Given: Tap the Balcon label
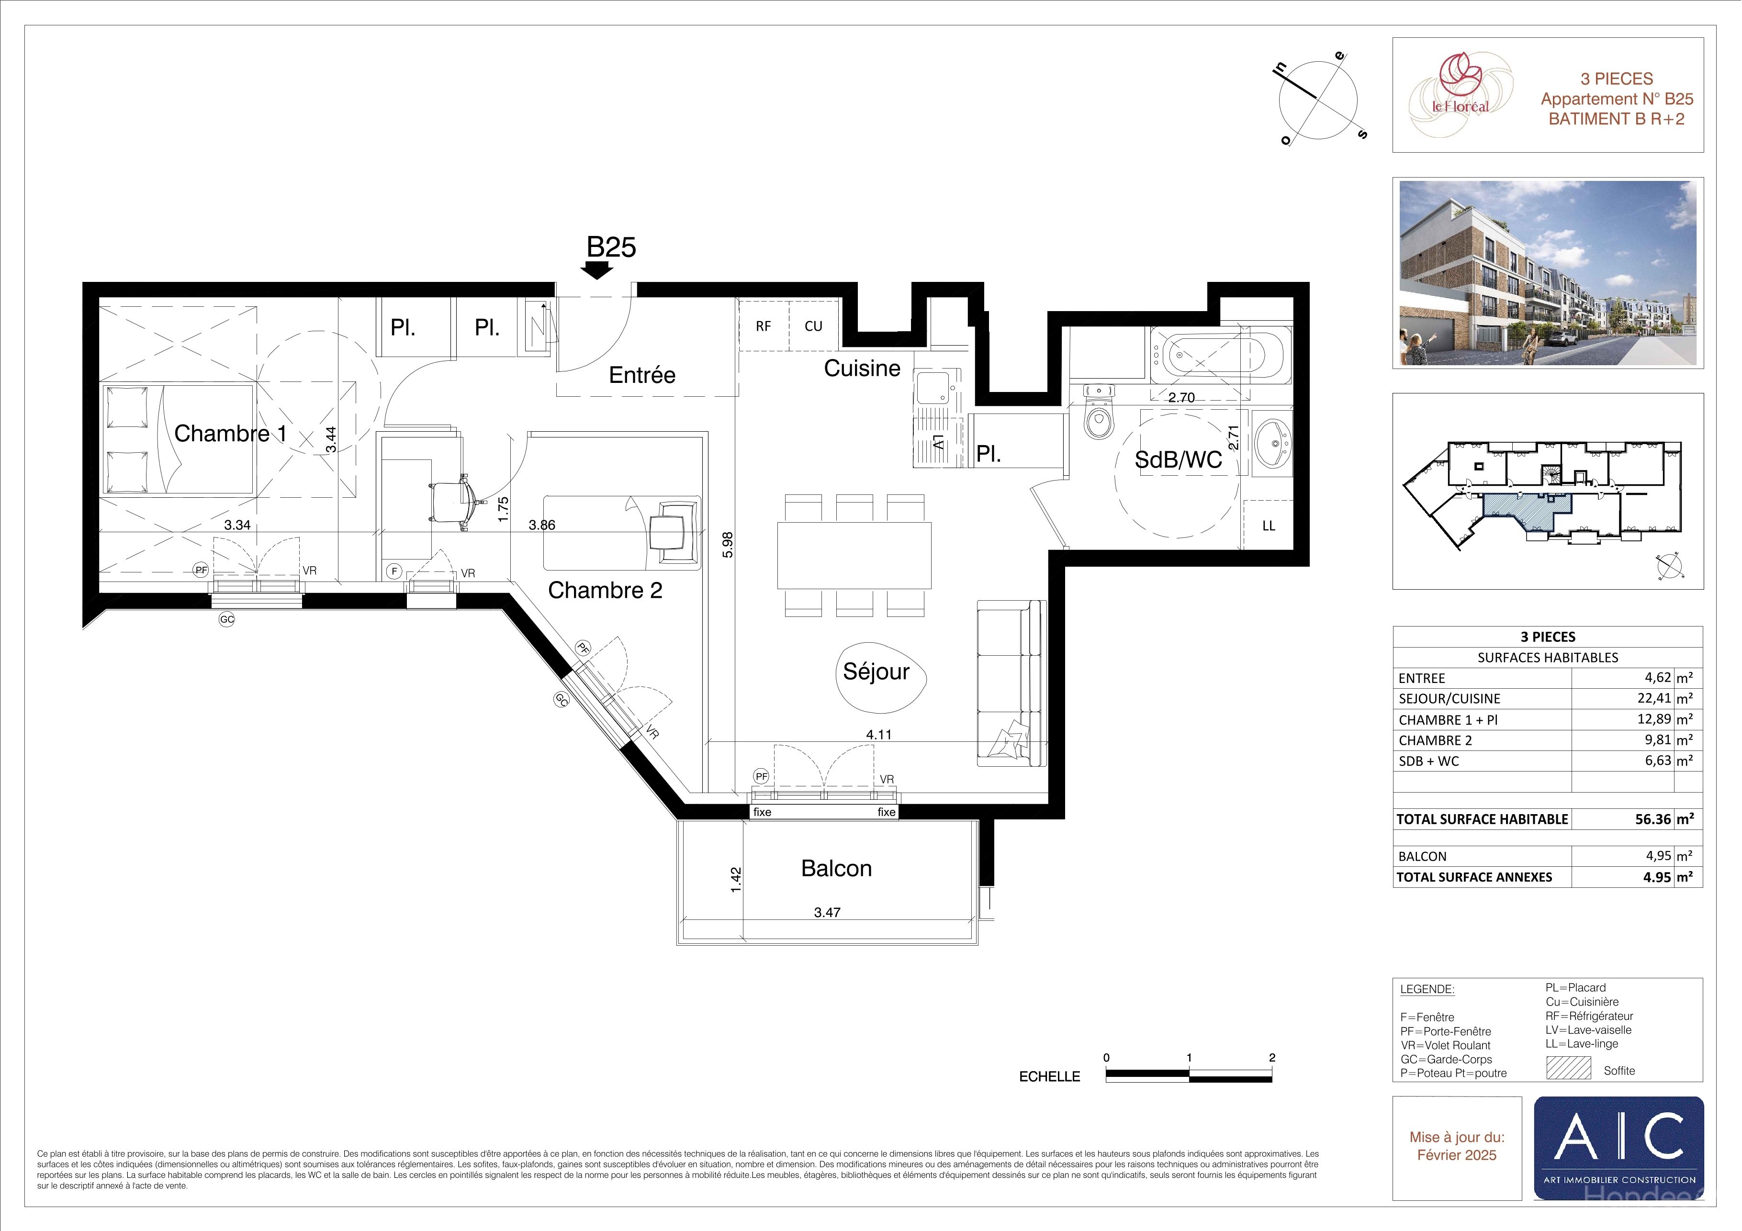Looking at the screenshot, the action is pyautogui.click(x=836, y=869).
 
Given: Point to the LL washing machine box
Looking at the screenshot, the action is pyautogui.click(x=1268, y=525).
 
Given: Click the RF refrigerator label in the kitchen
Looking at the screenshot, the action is pyautogui.click(x=763, y=326).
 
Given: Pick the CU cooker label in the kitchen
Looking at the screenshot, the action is pyautogui.click(x=813, y=326).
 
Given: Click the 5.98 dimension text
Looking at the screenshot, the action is pyautogui.click(x=728, y=545).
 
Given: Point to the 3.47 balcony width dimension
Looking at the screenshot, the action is pyautogui.click(x=827, y=912).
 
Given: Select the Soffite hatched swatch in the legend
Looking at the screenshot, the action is pyautogui.click(x=1568, y=1068).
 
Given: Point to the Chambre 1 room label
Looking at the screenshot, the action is pyautogui.click(x=231, y=433).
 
